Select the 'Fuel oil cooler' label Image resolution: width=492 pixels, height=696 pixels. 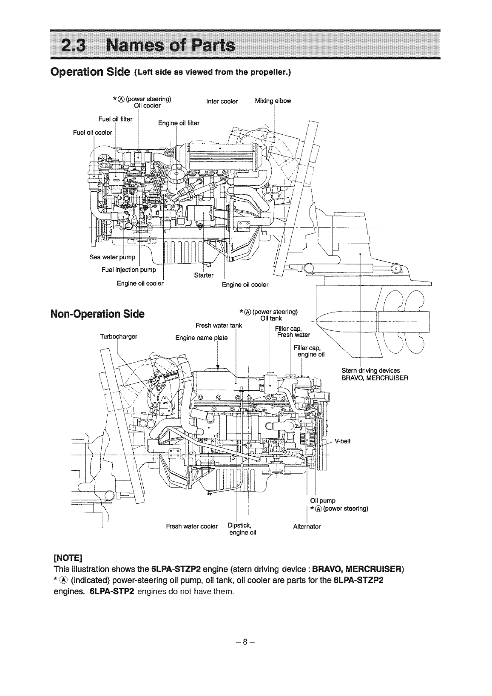click(x=93, y=132)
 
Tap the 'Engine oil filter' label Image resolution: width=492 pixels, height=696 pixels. click(x=178, y=123)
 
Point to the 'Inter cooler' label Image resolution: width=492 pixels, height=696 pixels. click(x=222, y=102)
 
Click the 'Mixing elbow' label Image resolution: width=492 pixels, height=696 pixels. click(x=273, y=101)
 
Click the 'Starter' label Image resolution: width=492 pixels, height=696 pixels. click(x=203, y=275)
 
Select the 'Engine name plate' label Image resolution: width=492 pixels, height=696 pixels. click(x=202, y=338)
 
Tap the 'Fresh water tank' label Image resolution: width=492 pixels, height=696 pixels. click(x=218, y=326)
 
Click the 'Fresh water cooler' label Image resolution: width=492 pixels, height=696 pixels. click(x=192, y=526)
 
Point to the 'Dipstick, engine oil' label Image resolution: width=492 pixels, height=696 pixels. click(x=241, y=528)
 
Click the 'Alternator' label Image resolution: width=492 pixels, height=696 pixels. click(x=307, y=526)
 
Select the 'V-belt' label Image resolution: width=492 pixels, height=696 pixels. click(x=342, y=441)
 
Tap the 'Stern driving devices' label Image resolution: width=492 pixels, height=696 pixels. click(x=371, y=370)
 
